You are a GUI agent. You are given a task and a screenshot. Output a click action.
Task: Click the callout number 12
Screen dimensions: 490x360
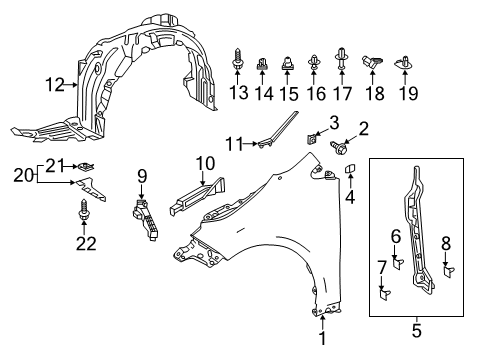coord(55,85)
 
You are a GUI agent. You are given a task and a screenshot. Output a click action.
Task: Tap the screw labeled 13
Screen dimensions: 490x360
coord(237,59)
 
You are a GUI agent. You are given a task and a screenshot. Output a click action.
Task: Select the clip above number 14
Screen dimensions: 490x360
coord(262,63)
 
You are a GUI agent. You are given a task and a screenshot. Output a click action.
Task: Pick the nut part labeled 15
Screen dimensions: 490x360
coord(287,63)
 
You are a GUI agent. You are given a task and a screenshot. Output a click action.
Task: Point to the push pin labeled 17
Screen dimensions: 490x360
coord(342,59)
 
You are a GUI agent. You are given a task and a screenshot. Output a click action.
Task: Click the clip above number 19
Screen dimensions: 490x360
coord(404,63)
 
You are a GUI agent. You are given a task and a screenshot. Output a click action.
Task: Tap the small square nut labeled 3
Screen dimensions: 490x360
coord(311,138)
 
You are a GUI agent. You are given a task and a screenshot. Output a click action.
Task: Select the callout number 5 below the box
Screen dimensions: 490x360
coord(417,330)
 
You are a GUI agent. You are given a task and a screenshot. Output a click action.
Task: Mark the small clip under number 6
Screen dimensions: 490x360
coord(397,263)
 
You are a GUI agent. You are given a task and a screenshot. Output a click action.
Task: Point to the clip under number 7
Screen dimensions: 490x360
coord(384,294)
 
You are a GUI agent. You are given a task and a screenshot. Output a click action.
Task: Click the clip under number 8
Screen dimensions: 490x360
coord(448,271)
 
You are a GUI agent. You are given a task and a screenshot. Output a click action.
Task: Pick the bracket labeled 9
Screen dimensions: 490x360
coord(145,218)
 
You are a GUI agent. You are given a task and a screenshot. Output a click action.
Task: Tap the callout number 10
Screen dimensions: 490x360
coord(205,164)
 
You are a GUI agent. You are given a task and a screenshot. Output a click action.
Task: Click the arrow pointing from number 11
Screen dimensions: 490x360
coord(250,144)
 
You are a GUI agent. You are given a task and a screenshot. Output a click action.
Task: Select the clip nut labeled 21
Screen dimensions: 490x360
coord(87,166)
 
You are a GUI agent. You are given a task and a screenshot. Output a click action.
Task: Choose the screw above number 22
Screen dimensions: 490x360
coord(83,209)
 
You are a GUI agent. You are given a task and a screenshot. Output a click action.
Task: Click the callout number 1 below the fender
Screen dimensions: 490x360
coord(322,338)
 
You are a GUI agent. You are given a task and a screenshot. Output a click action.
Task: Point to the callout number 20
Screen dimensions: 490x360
coord(23,175)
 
